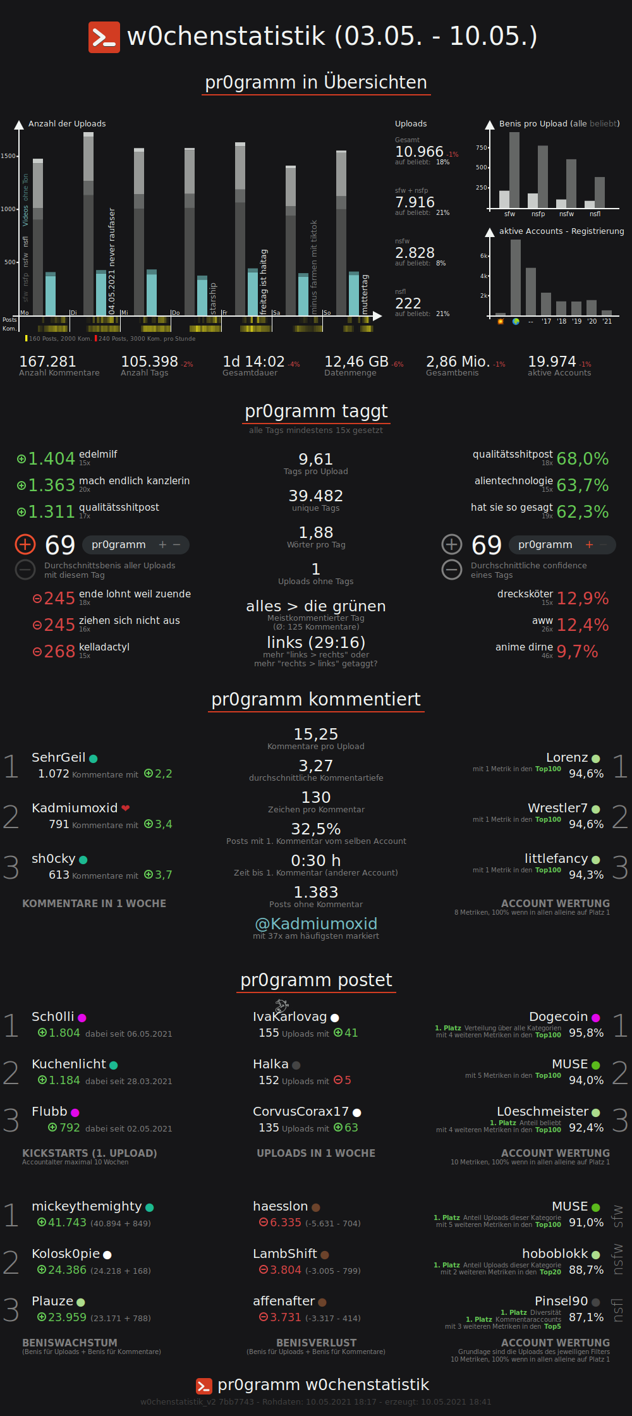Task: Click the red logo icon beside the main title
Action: tap(104, 37)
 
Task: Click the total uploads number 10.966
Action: tap(419, 152)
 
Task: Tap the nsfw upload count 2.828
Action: tap(415, 253)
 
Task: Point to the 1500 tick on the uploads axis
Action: tap(9, 156)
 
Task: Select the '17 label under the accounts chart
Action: tap(546, 321)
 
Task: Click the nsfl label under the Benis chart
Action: tap(595, 214)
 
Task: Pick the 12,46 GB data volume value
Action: tap(356, 362)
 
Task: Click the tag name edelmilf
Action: tap(98, 454)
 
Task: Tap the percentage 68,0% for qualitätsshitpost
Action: tap(582, 459)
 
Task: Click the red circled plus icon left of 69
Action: tap(25, 544)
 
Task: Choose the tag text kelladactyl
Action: tap(104, 647)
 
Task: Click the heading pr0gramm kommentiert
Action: tap(316, 699)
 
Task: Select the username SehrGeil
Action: tap(59, 757)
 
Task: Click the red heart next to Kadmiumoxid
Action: tap(126, 808)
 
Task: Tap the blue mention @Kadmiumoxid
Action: tap(316, 924)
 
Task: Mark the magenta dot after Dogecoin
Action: tap(596, 1018)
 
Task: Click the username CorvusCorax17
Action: tap(301, 1111)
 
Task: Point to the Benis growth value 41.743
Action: tap(67, 1223)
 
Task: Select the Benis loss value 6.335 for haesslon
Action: tap(285, 1223)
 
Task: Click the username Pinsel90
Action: tap(561, 1301)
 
